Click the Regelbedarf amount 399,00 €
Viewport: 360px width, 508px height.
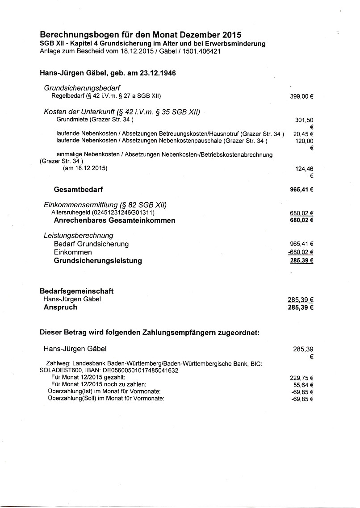point(301,96)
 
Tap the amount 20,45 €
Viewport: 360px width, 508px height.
point(303,134)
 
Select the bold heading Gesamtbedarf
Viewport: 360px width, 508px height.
point(78,189)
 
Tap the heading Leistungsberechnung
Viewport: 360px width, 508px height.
point(78,235)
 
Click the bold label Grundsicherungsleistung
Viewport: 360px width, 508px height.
point(98,261)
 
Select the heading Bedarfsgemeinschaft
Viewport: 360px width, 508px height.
point(77,291)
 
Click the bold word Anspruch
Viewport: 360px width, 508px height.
point(60,307)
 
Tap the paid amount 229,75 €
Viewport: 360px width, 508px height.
point(301,378)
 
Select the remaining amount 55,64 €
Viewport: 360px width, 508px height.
point(303,385)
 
